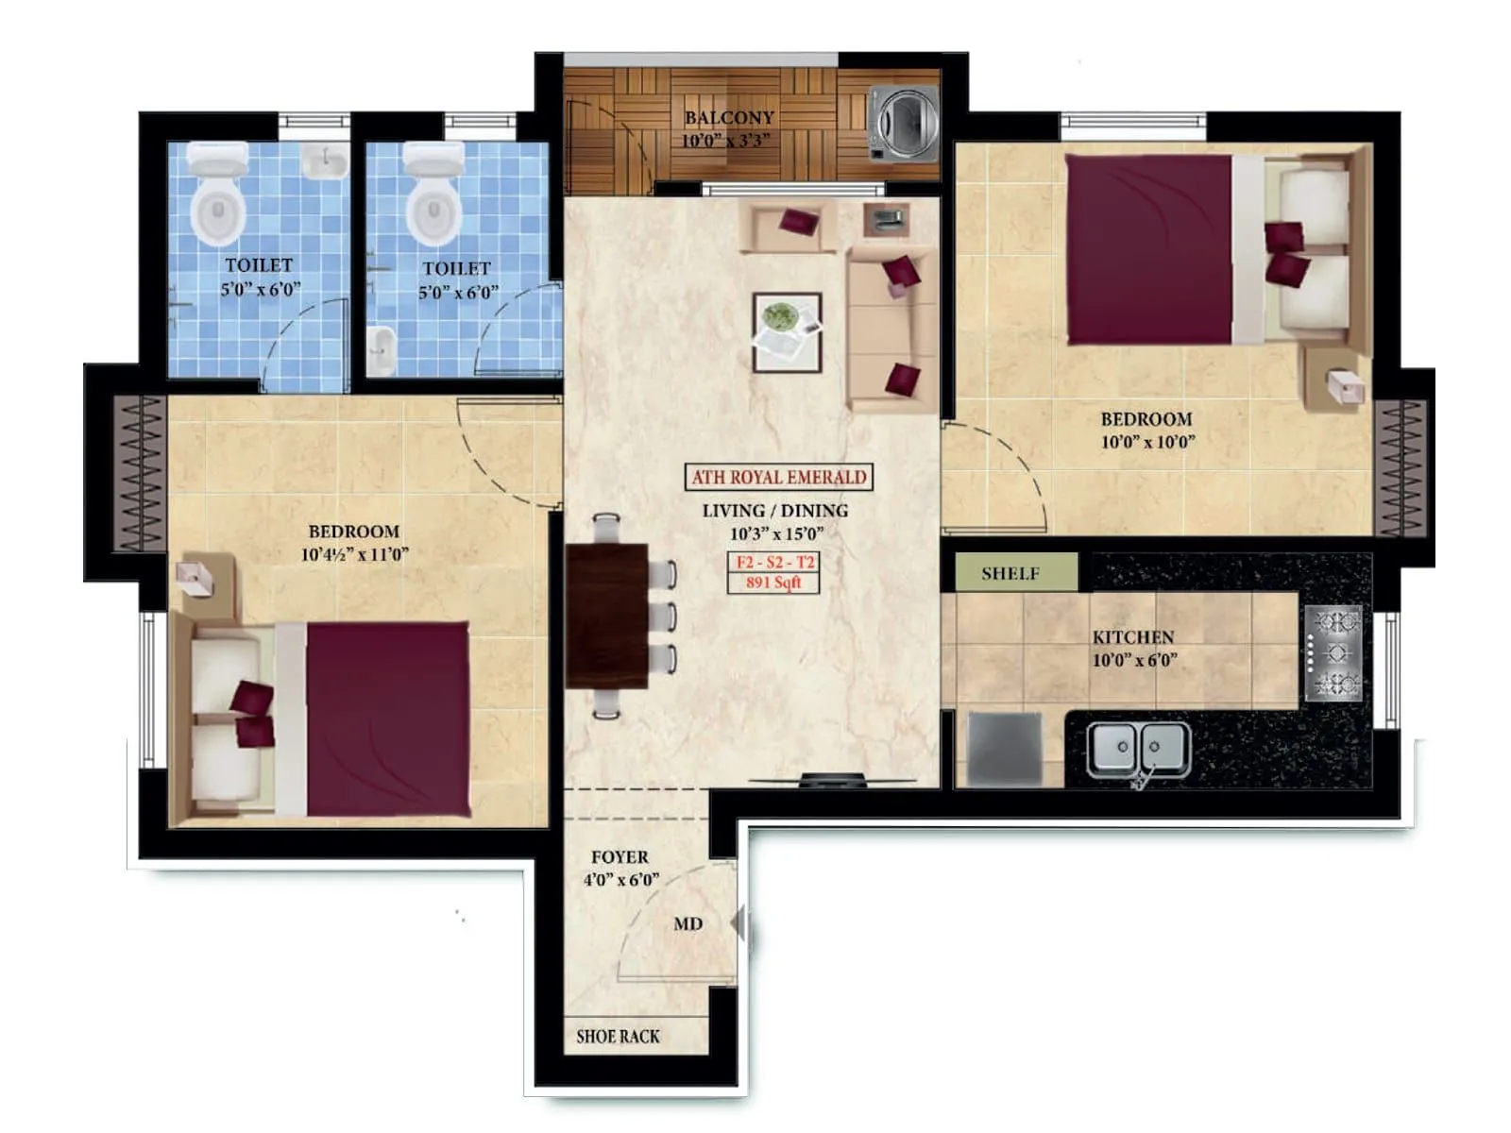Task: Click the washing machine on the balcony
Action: click(x=903, y=123)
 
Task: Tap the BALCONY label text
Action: click(x=728, y=118)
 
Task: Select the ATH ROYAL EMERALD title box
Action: click(x=778, y=477)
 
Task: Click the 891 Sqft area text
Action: click(x=772, y=583)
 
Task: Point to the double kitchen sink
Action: click(x=1137, y=749)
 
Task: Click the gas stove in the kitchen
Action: click(x=1334, y=652)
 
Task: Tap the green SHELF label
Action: click(x=1010, y=573)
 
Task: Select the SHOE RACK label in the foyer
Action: click(x=618, y=1036)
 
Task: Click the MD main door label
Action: click(x=688, y=923)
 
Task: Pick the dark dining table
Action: click(x=606, y=616)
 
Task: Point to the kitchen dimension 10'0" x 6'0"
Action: click(x=1134, y=660)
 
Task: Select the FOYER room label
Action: click(x=620, y=857)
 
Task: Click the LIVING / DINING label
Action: click(x=774, y=511)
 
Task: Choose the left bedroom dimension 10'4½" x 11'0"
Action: click(x=354, y=554)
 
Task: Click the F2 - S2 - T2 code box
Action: click(x=773, y=563)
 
